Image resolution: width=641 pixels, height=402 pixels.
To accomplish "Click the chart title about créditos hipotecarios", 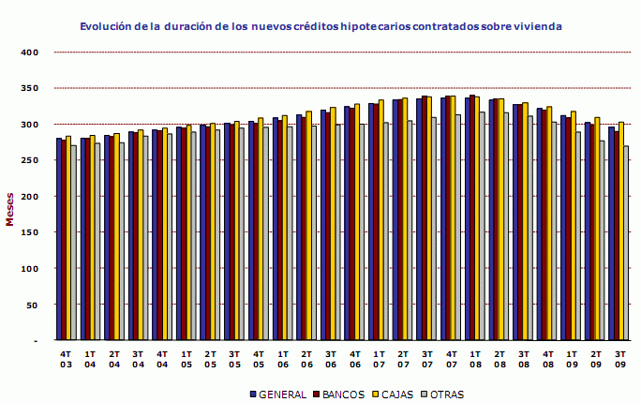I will click(x=320, y=27).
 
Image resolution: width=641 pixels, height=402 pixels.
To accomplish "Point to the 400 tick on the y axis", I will click(x=28, y=52).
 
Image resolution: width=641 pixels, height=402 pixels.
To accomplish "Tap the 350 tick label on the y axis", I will click(x=28, y=88).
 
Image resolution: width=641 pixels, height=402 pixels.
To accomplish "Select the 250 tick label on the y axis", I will click(x=28, y=160).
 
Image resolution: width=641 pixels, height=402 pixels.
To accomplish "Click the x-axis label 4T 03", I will click(x=66, y=359).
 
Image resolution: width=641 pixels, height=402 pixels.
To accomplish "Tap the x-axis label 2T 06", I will click(x=307, y=359).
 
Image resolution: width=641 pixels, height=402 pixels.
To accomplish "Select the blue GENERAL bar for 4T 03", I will click(x=59, y=239).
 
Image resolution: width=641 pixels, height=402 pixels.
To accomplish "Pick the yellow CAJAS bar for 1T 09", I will click(x=573, y=226).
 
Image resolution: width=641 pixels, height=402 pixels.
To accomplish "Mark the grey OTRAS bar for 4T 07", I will click(x=458, y=227).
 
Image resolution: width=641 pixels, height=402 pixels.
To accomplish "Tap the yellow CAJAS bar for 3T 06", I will click(x=333, y=224).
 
